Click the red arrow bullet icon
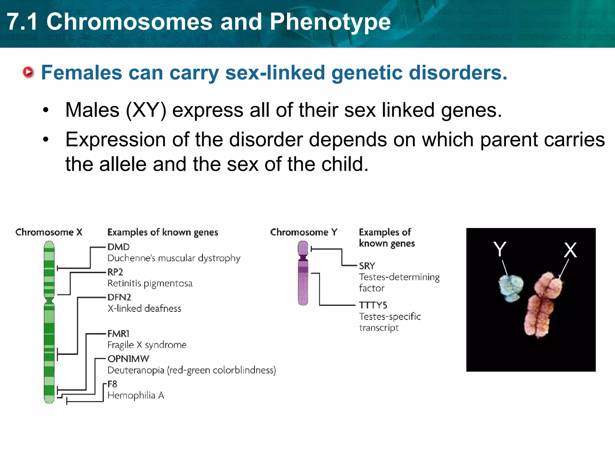(x=29, y=72)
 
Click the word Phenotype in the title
(x=330, y=22)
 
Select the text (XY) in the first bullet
(x=146, y=110)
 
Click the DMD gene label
(x=118, y=247)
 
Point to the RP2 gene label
(x=115, y=272)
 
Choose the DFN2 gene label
(x=119, y=297)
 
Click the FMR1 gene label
(x=118, y=334)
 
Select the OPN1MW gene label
(x=128, y=359)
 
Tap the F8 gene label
(x=112, y=384)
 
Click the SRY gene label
(x=367, y=266)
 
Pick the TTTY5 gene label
(x=373, y=306)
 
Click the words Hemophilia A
(x=136, y=396)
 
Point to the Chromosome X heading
(x=49, y=232)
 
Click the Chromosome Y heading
(x=304, y=232)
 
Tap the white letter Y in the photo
(x=500, y=249)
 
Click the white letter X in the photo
(x=570, y=250)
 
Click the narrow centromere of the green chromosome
(x=49, y=300)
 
